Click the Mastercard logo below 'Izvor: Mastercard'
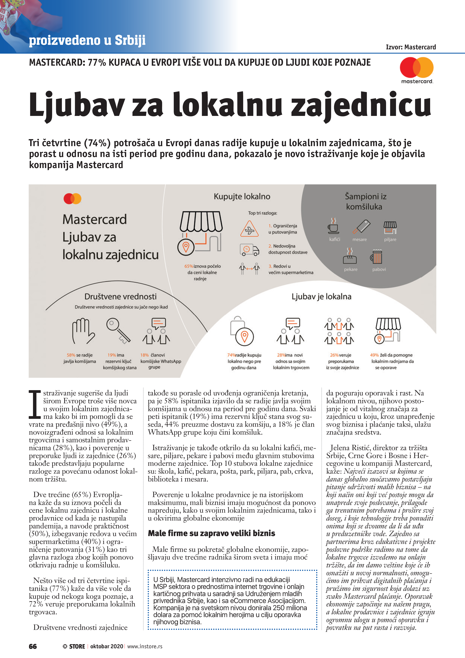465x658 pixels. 417,69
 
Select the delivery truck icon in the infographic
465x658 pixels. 249,250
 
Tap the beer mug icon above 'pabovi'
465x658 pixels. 377,257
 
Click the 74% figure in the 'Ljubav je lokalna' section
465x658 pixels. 231,355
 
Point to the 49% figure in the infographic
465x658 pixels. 374,355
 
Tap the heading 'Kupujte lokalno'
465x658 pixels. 242,197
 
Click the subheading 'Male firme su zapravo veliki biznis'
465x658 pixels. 211,533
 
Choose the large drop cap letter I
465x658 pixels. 35,404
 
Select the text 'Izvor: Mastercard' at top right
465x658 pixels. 411,47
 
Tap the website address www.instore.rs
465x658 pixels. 145,646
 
